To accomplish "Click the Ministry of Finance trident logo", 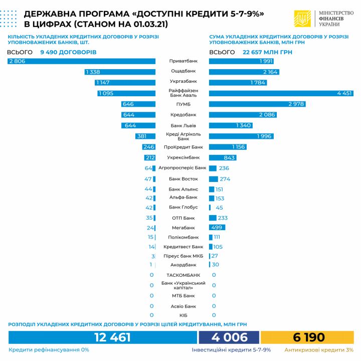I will click(x=302, y=19).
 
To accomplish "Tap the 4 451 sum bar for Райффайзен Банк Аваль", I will click(x=281, y=93).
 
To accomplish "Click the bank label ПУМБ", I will click(x=183, y=104).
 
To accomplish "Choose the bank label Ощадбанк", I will click(x=183, y=71).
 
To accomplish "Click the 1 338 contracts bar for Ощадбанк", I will click(x=121, y=72).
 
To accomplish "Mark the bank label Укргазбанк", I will click(x=183, y=81).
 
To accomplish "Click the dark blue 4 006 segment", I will click(x=229, y=337).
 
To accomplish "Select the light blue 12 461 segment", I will click(x=102, y=337).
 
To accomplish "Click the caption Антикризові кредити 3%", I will click(x=319, y=350).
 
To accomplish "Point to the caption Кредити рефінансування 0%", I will click(x=49, y=350).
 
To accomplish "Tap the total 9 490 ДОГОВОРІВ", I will click(x=68, y=52).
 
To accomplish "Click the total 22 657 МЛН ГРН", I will click(x=269, y=52).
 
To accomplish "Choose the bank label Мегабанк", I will click(x=183, y=228).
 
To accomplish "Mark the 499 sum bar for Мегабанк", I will click(x=217, y=228).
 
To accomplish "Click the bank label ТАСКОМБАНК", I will click(x=183, y=275).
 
